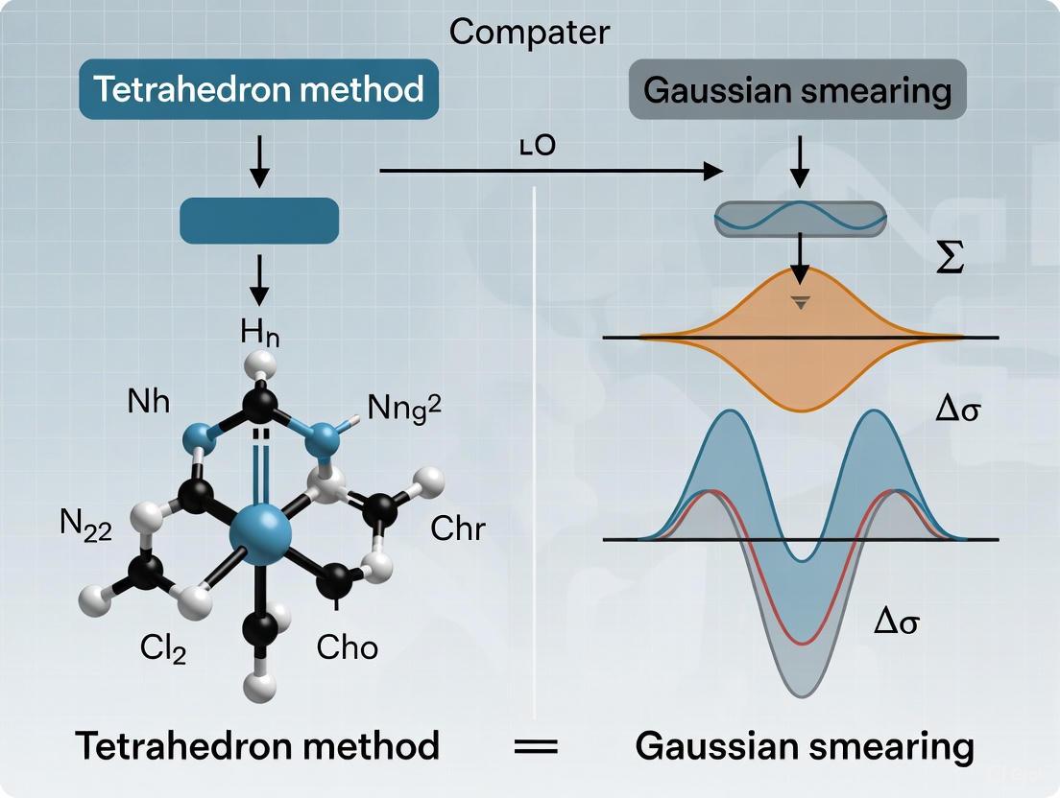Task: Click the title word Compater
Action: coord(528,32)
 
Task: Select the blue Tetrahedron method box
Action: coord(258,89)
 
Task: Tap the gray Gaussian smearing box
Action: coord(797,89)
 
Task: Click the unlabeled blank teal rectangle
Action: coord(259,221)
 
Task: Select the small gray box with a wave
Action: coord(800,219)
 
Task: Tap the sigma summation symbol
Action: coord(950,260)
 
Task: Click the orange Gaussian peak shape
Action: coord(799,355)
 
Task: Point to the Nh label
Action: coord(148,401)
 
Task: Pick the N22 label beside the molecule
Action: coord(84,527)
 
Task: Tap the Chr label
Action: coord(458,528)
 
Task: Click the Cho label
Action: coord(347,647)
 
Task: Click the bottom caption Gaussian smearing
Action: coord(805,745)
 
